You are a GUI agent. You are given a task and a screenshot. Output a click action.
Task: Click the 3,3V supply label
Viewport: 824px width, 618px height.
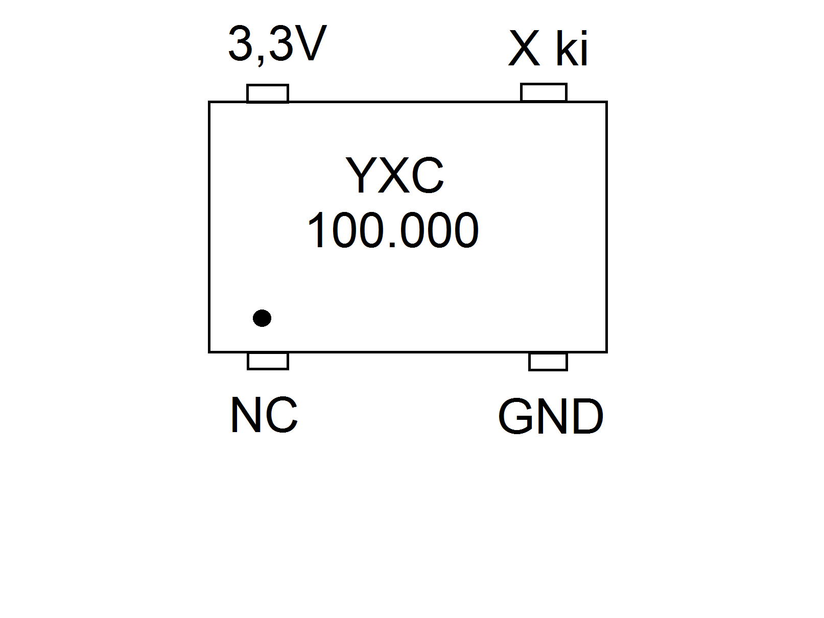coord(277,44)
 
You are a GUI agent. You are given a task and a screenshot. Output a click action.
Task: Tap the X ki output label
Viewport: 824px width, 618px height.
coord(548,49)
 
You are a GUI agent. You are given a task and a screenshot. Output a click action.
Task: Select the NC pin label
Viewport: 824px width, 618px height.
coord(264,415)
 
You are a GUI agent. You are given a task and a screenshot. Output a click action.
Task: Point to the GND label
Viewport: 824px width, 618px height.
coord(550,417)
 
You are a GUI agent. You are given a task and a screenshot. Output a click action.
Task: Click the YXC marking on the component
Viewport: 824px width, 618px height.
coord(394,175)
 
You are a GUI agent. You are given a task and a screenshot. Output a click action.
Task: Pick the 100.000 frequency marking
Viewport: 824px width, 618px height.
coord(393,231)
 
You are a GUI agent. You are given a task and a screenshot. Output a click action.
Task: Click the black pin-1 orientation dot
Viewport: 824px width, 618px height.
coord(262,318)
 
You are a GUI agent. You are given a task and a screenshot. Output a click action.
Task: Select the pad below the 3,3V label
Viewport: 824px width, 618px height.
coord(268,93)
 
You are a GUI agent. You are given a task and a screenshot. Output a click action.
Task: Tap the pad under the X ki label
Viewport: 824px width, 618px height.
coord(544,92)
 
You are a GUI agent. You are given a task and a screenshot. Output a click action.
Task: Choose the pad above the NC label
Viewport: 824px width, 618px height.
coord(268,361)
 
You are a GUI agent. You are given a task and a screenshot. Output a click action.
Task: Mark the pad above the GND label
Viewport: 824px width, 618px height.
coord(548,362)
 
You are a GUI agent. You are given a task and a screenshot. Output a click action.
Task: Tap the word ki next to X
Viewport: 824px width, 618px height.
coord(572,49)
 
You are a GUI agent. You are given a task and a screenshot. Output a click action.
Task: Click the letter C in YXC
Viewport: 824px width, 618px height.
coord(427,176)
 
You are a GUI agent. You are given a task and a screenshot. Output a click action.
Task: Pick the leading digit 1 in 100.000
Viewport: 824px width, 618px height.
coord(317,231)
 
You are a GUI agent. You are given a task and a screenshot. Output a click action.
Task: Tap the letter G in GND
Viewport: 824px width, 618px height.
coord(517,417)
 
